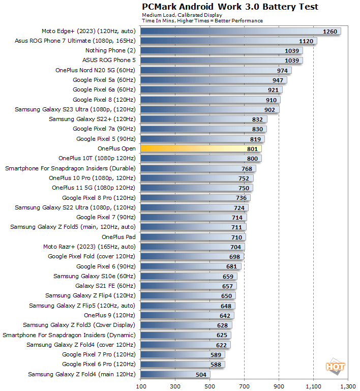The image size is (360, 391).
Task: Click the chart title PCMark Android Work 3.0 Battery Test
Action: (x=230, y=7)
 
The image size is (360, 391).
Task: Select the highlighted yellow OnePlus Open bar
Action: (x=200, y=148)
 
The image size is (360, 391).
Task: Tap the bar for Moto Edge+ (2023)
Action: (x=240, y=31)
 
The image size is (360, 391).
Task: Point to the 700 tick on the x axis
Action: (x=245, y=386)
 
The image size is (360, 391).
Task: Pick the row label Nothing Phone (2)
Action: (x=110, y=50)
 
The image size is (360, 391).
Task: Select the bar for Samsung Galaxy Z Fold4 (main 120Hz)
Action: (x=175, y=375)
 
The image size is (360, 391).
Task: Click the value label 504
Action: (x=201, y=375)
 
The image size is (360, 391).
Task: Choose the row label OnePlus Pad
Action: (x=118, y=237)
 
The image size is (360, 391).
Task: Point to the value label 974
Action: (x=283, y=70)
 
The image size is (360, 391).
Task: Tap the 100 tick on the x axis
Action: (x=140, y=386)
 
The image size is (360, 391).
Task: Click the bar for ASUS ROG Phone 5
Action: (x=221, y=60)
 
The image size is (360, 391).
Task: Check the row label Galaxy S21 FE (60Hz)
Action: (x=105, y=286)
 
